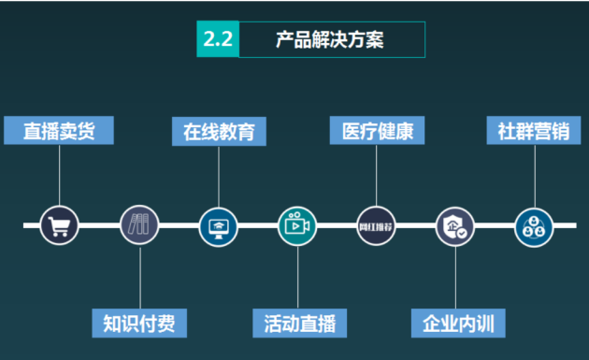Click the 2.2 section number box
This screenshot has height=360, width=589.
218,39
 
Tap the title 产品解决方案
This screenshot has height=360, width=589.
330,39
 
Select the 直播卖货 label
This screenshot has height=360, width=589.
59,130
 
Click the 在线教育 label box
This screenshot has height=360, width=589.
219,130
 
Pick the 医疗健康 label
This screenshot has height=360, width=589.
378,130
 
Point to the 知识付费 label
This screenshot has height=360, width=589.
139,324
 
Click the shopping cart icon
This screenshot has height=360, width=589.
59,225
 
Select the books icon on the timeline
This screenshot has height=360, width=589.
139,225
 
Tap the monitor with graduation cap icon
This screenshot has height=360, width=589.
219,225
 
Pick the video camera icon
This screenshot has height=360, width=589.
297,225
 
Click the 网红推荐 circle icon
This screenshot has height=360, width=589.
376,225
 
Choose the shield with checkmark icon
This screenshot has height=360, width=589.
455,225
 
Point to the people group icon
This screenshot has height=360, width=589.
534,225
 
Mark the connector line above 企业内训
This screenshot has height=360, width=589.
455,277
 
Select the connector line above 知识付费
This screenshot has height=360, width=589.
139,277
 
